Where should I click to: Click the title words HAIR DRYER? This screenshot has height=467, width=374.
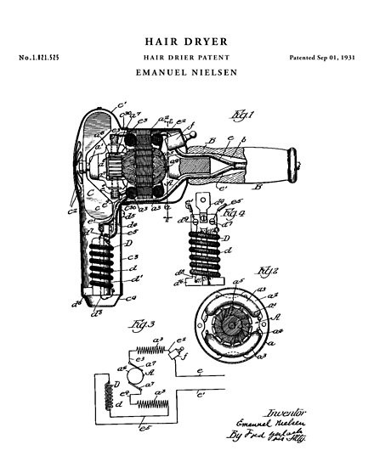tap(186, 39)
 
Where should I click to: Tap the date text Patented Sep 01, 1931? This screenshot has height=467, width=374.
tap(320, 56)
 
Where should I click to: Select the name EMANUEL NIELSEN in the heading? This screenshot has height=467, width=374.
tap(186, 74)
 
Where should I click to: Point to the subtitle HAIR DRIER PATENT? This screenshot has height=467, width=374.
tap(186, 56)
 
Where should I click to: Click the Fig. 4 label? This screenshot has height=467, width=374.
tap(235, 209)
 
